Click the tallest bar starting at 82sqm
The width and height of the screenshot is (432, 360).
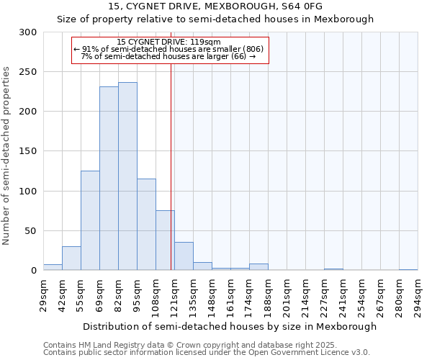127,176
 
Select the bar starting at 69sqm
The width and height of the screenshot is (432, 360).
109,179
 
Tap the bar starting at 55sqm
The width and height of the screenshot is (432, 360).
90,220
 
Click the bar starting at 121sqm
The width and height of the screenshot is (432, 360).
184,256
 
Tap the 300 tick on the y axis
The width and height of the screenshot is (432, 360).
28,32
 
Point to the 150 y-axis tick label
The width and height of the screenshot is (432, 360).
28,152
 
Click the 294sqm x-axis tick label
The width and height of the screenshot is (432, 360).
418,294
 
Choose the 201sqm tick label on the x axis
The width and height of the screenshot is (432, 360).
287,294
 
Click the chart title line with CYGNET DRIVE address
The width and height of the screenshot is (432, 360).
215,6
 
